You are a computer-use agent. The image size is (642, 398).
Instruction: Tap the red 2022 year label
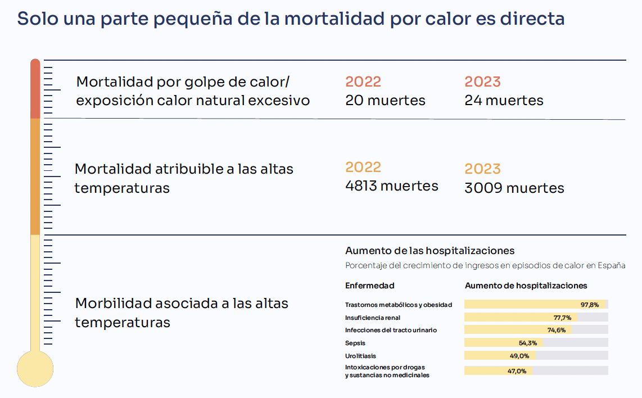pos(363,82)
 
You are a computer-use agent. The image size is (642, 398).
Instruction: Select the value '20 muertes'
pos(385,100)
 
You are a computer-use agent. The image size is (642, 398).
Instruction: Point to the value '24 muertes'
pos(504,100)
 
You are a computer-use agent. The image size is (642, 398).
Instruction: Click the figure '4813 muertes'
pos(392,186)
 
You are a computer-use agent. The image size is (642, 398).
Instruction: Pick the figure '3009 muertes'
pos(514,188)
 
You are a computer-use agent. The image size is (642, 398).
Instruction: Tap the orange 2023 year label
pos(483,169)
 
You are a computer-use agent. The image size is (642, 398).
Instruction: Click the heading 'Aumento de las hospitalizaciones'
pos(430,251)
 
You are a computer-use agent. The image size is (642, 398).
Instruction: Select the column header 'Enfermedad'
pos(370,286)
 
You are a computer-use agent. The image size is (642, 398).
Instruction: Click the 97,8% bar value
pos(590,305)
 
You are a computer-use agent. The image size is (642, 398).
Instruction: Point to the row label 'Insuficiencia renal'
pos(373,318)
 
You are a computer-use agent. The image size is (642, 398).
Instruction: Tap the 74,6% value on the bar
pos(557,330)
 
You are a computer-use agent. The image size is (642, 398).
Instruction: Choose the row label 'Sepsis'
pos(355,343)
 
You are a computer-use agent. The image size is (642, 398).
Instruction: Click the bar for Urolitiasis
pos(500,355)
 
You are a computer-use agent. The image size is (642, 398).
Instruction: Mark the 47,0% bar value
pos(517,371)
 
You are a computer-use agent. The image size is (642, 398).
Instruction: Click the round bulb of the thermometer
pos(35,369)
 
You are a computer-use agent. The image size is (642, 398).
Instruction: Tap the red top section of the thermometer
pos(35,89)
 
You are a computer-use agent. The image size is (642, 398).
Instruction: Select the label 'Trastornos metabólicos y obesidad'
pos(399,305)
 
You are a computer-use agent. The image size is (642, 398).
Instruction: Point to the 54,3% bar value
pos(528,343)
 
